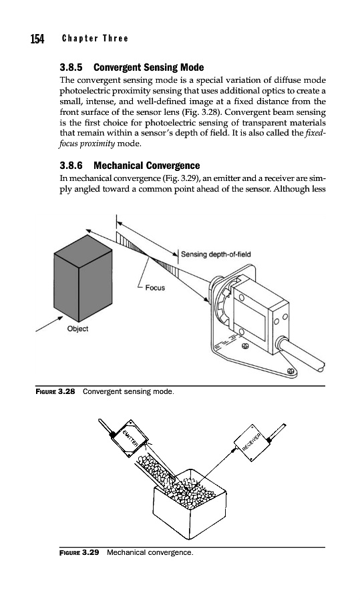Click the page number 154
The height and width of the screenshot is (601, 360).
[x=37, y=39]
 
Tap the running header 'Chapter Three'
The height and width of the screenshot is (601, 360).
[x=95, y=38]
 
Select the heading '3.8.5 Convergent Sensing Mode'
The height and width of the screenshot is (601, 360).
[x=132, y=67]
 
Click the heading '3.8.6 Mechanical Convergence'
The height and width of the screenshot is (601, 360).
[x=130, y=166]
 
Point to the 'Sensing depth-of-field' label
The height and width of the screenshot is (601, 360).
[x=216, y=254]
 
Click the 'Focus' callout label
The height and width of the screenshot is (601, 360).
[x=155, y=287]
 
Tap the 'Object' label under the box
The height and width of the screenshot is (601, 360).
[x=77, y=329]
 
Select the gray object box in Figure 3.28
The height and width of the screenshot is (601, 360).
[x=83, y=278]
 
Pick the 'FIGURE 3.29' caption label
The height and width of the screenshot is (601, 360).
[x=79, y=552]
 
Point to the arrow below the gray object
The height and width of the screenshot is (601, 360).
[x=49, y=323]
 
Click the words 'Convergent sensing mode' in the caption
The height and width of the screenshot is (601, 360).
[x=128, y=391]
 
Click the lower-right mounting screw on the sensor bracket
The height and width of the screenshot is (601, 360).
[x=291, y=371]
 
